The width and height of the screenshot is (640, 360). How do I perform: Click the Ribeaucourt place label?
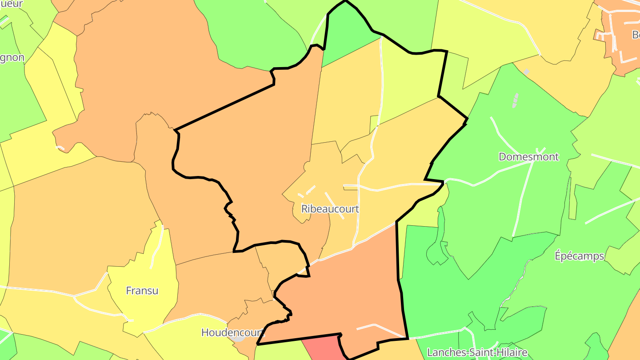(x=330, y=209)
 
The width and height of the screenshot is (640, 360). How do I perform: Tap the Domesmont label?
(x=528, y=157)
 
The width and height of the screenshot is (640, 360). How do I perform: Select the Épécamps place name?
(x=580, y=256)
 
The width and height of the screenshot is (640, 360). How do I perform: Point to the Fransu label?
(x=142, y=291)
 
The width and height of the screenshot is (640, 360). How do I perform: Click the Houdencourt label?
(x=233, y=332)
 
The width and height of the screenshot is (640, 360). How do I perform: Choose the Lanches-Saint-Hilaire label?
(x=477, y=353)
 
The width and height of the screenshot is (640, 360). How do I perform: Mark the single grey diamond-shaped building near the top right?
(x=527, y=72)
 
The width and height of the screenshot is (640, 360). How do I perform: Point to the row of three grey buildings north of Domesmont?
(x=515, y=101)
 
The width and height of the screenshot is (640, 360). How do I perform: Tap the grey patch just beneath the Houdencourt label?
(x=239, y=339)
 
